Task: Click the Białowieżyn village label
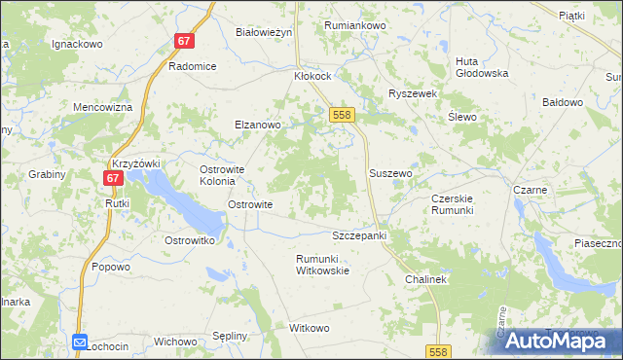[x=265, y=32]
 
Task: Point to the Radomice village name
[x=192, y=66]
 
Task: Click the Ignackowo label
[x=77, y=44]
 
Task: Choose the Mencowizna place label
[x=102, y=107]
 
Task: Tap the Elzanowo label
[x=258, y=125]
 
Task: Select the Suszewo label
[x=391, y=173]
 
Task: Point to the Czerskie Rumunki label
[x=452, y=204]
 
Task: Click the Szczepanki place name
[x=360, y=236]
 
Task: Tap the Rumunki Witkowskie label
[x=322, y=265]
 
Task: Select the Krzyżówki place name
[x=136, y=163]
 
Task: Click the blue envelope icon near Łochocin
[x=80, y=342]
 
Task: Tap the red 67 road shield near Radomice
[x=186, y=42]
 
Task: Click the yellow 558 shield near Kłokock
[x=341, y=115]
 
